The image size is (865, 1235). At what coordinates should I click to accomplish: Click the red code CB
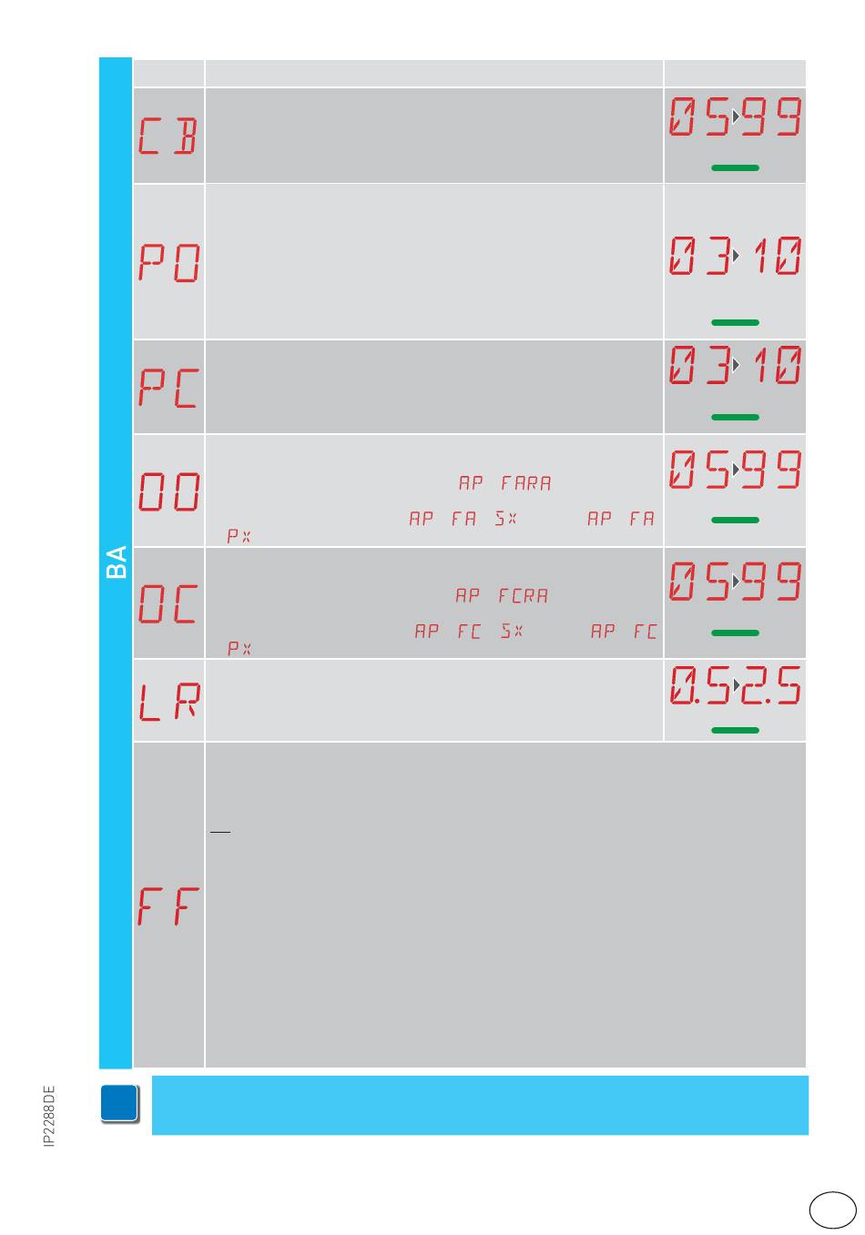click(168, 137)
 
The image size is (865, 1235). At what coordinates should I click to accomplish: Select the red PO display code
click(168, 262)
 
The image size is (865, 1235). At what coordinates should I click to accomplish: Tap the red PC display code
click(168, 388)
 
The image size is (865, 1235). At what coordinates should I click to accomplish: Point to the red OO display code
click(168, 491)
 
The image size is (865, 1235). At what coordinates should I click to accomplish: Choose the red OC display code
click(168, 603)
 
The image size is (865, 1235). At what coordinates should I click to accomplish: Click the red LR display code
click(168, 702)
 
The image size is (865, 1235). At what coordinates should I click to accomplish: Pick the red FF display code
click(168, 906)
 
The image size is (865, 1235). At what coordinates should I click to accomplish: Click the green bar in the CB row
click(735, 168)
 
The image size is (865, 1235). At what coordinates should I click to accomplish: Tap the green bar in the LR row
click(735, 730)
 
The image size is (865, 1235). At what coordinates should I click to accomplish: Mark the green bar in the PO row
click(735, 322)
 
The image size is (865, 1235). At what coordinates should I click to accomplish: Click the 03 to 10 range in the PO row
click(735, 256)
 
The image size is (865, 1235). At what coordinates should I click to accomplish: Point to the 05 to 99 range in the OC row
click(735, 581)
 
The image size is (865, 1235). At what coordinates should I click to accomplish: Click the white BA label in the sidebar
click(117, 562)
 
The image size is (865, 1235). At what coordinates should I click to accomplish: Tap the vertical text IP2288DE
click(50, 1116)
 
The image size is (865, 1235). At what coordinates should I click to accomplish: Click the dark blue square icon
click(120, 1103)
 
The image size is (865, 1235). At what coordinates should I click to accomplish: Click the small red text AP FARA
click(504, 483)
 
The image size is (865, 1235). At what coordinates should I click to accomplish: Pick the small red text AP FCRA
click(502, 596)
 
